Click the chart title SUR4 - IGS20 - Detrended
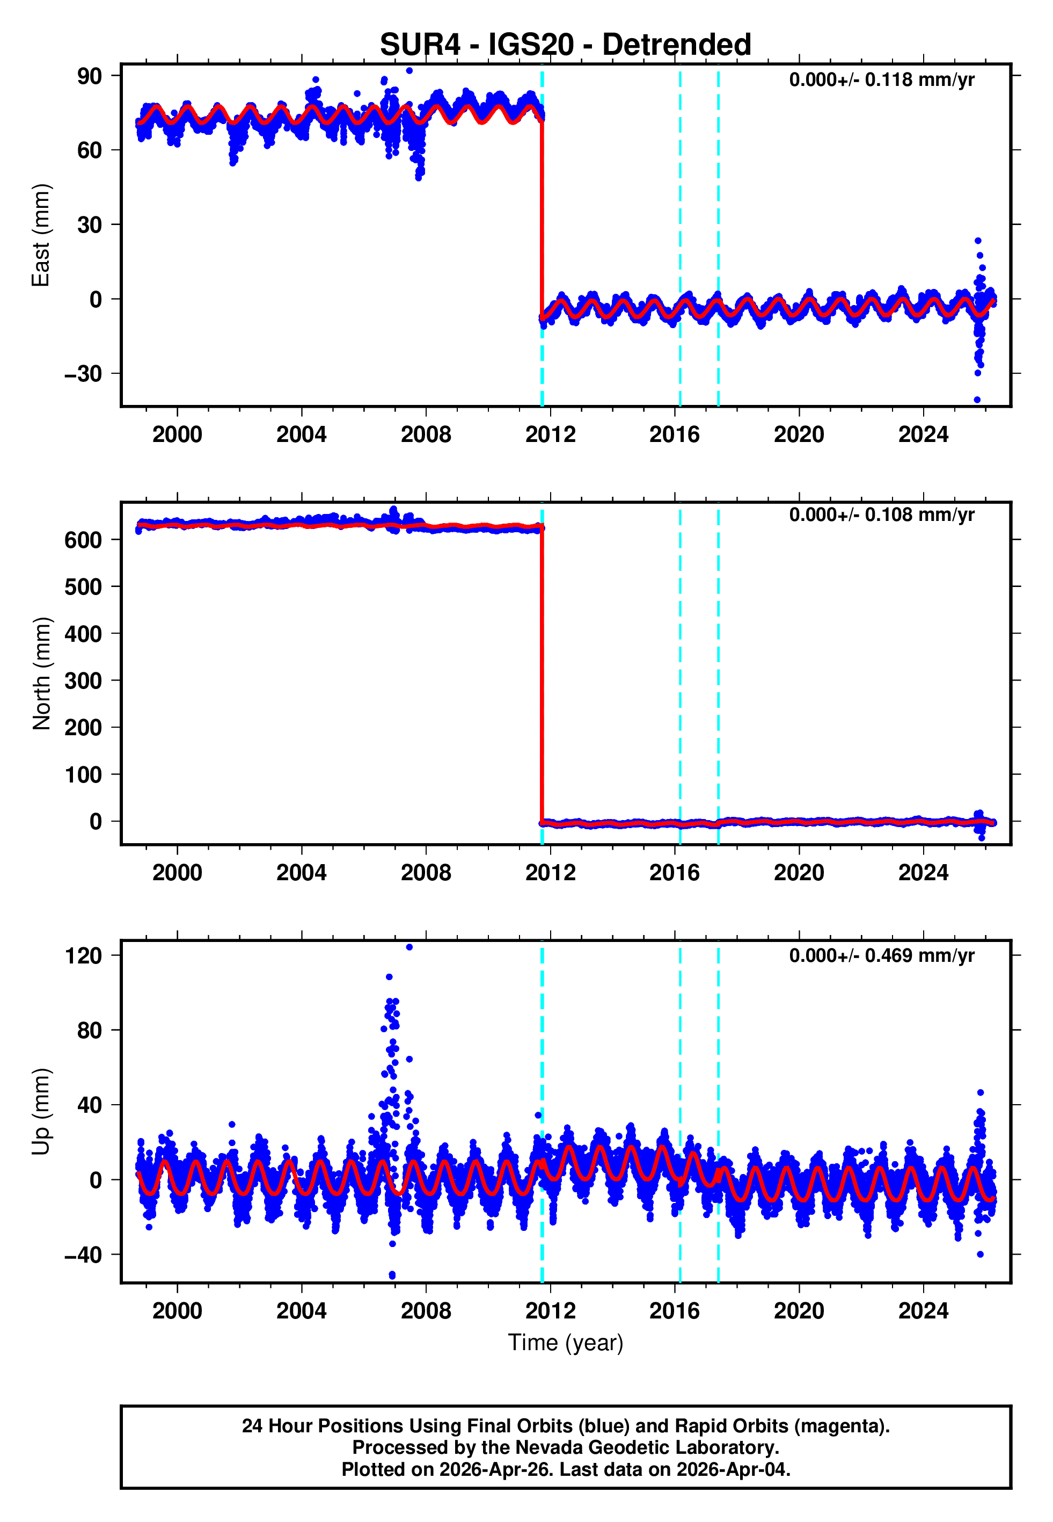point(566,45)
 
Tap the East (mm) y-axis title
point(41,235)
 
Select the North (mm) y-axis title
point(41,673)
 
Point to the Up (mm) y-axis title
point(41,1112)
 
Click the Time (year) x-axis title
point(566,1343)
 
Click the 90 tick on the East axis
point(90,76)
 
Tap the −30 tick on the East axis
point(83,374)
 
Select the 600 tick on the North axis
point(83,540)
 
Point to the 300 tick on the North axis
point(83,680)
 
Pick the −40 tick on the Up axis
point(83,1255)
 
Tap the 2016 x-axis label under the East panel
point(674,434)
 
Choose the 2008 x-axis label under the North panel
point(426,873)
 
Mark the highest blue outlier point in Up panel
point(409,947)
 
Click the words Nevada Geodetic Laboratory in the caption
point(647,1447)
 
